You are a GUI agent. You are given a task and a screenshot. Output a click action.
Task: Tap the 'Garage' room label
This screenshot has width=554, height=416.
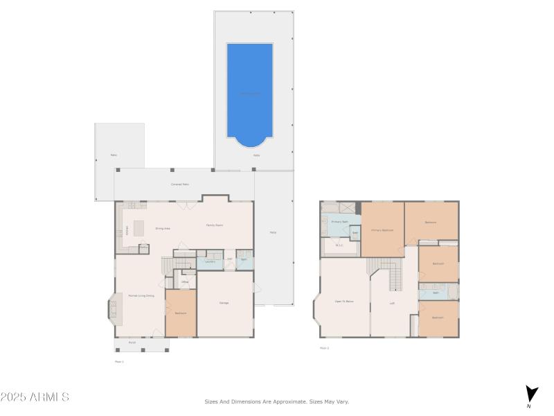224,303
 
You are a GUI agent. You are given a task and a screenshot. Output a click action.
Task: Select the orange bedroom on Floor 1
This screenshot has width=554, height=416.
181,313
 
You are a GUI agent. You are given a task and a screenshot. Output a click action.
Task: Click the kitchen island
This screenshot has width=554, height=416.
138,228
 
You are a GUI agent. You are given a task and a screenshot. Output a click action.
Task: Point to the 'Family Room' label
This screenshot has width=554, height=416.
214,225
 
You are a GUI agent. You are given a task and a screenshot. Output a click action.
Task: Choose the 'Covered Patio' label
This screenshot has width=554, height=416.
180,184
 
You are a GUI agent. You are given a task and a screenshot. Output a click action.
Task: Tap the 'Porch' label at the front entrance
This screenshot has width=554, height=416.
132,343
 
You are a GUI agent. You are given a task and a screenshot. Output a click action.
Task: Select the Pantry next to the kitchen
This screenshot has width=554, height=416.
143,248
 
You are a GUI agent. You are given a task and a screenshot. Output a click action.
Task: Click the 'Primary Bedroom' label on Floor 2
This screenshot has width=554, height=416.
382,229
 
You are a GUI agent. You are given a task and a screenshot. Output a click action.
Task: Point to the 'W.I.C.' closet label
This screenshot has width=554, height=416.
339,245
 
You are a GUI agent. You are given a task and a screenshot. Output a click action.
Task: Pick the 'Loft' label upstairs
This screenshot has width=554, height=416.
392,303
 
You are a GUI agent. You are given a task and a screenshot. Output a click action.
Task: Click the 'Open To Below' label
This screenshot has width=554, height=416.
344,302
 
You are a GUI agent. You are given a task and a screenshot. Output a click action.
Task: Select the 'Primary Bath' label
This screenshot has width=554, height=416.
339,222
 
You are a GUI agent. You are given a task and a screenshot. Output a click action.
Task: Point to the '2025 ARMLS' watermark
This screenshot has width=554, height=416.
35,397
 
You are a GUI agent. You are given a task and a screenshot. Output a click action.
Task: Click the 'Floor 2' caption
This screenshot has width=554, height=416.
324,348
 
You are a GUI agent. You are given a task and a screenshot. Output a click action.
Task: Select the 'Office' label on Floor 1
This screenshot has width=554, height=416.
185,281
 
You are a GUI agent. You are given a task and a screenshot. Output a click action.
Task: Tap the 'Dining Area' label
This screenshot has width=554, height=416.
163,228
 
